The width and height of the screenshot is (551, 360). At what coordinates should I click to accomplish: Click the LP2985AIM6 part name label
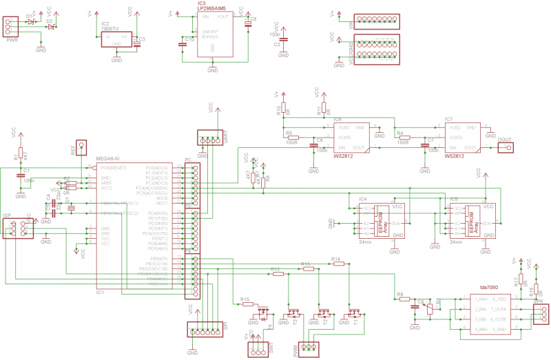pos(213,8)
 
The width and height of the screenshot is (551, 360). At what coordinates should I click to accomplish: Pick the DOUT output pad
pos(508,147)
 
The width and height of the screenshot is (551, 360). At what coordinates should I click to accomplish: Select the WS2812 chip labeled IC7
pos(462,137)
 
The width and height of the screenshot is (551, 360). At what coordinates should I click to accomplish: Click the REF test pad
pos(82,146)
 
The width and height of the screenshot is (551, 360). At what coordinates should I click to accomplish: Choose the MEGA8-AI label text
pos(109,158)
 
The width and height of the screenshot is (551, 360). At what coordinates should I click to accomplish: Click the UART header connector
pos(213,140)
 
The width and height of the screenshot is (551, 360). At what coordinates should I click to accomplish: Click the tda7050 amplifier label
pos(488,287)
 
